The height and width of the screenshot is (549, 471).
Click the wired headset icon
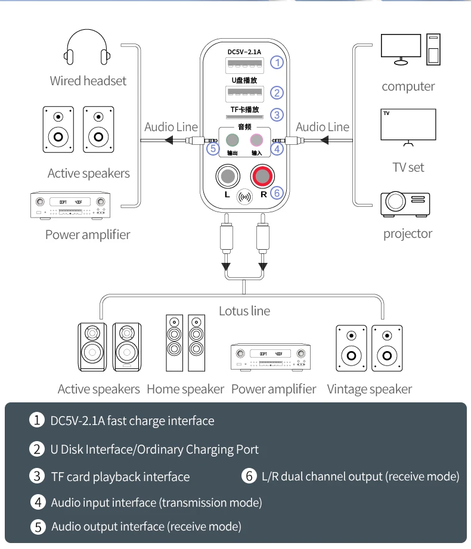[88, 49]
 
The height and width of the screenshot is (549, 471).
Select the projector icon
[405, 203]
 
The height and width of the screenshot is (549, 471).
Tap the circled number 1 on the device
[276, 62]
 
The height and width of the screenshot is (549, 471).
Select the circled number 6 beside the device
[276, 193]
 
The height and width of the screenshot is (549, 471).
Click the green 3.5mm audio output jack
[233, 140]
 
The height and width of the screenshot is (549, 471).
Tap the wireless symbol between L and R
[244, 196]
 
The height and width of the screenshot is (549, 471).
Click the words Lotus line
[244, 311]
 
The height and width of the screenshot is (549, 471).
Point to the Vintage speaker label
[369, 389]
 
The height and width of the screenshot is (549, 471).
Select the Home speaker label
[185, 389]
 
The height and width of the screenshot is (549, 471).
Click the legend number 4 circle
[38, 502]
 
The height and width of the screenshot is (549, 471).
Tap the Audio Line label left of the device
[171, 127]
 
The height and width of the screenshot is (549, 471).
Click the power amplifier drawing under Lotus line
[271, 357]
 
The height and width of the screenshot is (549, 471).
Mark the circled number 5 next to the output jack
[213, 148]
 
